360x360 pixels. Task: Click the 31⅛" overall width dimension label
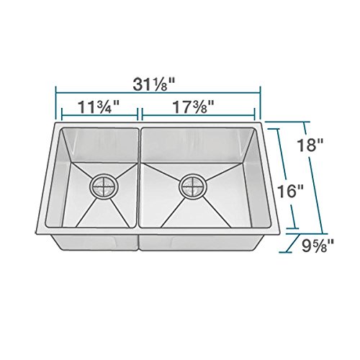(x=153, y=84)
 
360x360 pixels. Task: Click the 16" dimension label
(x=290, y=191)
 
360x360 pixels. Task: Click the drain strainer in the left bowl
(x=104, y=186)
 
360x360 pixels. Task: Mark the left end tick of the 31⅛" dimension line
(x=55, y=103)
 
